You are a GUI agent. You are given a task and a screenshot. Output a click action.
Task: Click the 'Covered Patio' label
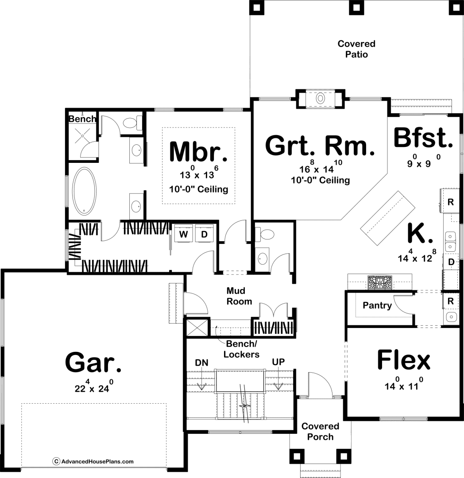(356, 49)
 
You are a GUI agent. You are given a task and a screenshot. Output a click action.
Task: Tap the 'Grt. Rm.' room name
(320, 146)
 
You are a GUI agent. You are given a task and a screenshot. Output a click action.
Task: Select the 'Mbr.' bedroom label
(198, 151)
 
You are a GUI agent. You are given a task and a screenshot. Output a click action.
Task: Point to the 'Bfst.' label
(423, 138)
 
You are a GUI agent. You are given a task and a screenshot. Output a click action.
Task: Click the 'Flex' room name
(404, 360)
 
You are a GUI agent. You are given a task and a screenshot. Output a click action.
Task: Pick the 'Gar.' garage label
(93, 362)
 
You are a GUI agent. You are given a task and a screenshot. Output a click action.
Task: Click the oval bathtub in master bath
(85, 191)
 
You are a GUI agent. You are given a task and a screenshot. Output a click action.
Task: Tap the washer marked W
(184, 234)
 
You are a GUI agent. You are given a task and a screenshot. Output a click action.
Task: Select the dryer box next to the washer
(204, 234)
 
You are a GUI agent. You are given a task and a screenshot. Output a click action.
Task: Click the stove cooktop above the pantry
(380, 282)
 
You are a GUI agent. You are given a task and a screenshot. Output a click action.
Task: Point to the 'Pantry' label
(377, 305)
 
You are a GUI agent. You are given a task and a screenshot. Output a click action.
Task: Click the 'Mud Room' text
(240, 296)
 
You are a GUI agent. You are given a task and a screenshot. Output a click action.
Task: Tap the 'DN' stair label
(201, 363)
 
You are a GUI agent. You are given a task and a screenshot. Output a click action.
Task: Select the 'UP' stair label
(278, 362)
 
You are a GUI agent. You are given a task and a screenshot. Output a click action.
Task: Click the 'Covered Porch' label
(320, 432)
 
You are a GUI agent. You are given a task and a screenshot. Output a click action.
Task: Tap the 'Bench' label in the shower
(82, 119)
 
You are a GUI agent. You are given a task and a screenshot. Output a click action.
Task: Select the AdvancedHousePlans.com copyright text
(93, 461)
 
